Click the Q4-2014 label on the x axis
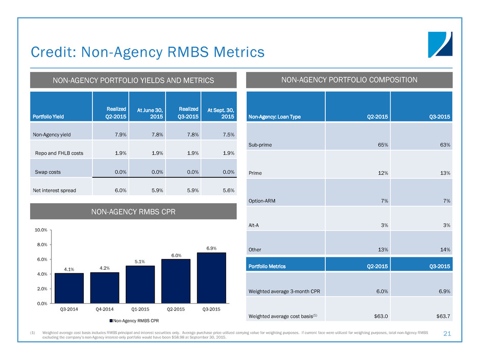[104, 309]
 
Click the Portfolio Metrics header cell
[268, 266]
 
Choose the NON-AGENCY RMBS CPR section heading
[133, 211]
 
